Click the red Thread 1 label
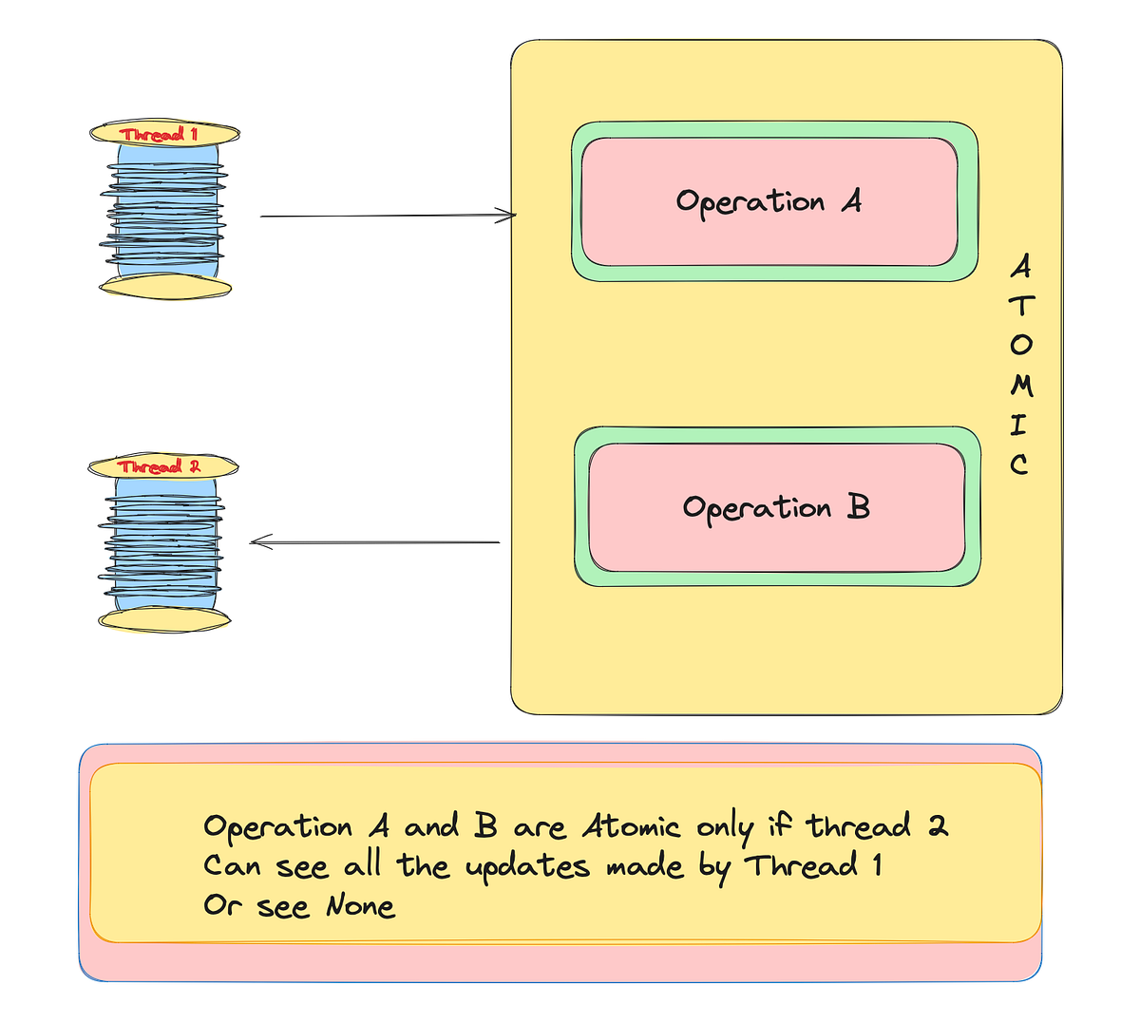[159, 134]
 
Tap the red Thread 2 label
[160, 466]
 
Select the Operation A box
[769, 201]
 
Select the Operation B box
[776, 507]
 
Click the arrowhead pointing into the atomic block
[508, 216]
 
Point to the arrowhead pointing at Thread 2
[259, 542]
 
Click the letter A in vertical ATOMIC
[1020, 267]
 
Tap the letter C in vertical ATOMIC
[1019, 464]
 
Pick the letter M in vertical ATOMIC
[1021, 385]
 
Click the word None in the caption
[360, 906]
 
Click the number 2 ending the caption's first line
[938, 825]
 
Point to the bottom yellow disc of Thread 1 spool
[165, 286]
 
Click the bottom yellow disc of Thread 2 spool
[165, 619]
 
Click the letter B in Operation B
[858, 507]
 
